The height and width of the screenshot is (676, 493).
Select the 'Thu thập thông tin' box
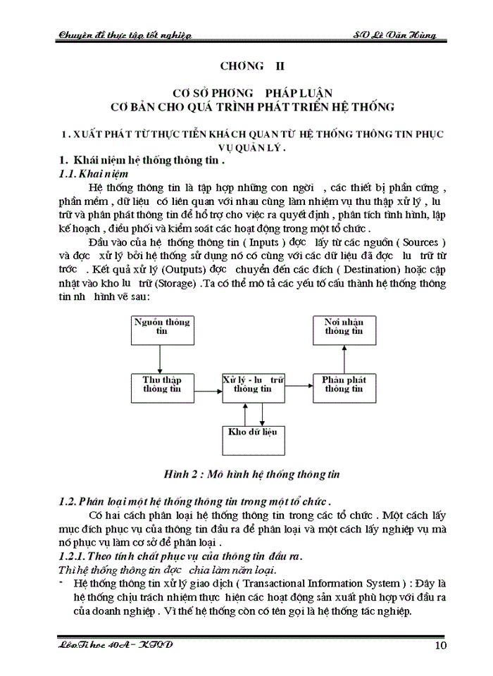point(161,384)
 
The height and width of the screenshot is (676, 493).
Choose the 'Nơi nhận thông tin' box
point(343,331)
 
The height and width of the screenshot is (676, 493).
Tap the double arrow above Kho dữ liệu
point(252,412)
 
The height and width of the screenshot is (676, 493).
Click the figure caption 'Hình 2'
point(182,474)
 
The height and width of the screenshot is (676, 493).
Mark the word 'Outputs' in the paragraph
point(185,270)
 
